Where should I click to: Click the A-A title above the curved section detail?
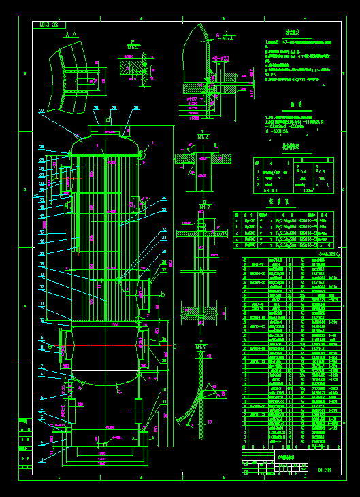[x=69, y=33]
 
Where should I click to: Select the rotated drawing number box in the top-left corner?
[x=49, y=24]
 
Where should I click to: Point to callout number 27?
[x=42, y=110]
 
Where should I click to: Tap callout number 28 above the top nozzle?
[x=95, y=108]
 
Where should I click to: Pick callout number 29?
[x=136, y=108]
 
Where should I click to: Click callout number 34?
[x=163, y=199]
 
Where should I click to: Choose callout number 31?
[x=164, y=239]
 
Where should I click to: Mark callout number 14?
[x=42, y=263]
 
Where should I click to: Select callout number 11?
[x=42, y=304]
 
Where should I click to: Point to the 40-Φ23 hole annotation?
[x=221, y=59]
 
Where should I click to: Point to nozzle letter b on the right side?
[x=162, y=294]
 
